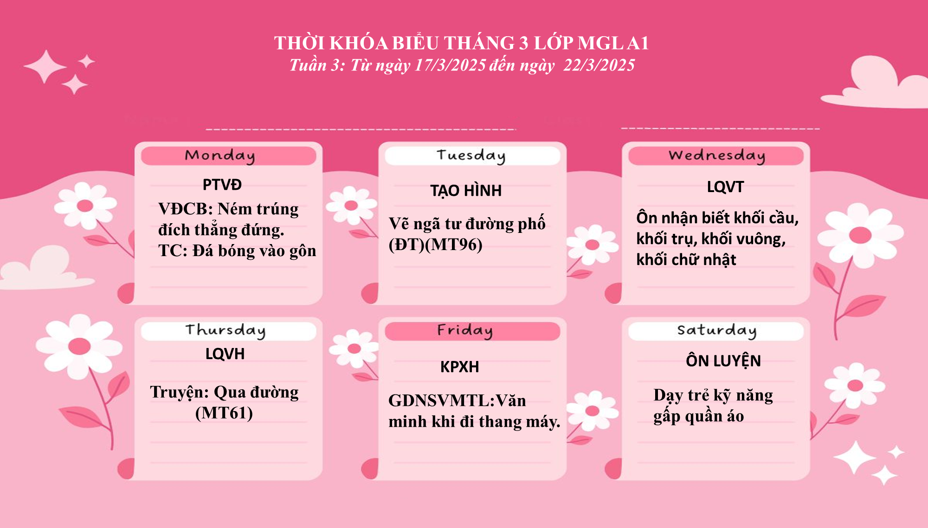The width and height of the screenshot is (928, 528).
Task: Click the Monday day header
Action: tap(220, 156)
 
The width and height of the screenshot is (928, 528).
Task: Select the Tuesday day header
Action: tap(471, 156)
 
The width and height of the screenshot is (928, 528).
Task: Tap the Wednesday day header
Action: tap(717, 156)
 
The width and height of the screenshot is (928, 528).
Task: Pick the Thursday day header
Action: tap(226, 331)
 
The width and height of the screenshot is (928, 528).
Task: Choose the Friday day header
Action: tap(465, 331)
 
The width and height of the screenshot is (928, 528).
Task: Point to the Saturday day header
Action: tap(717, 331)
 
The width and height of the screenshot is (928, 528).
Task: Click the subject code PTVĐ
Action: tap(222, 185)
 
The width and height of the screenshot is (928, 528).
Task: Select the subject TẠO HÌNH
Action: tap(466, 191)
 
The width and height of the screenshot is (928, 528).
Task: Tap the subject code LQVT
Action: tap(725, 187)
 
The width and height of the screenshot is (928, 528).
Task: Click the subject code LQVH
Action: tap(225, 354)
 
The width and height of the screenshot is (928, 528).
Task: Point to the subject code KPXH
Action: tap(459, 367)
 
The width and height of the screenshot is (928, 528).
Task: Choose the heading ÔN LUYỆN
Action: tap(723, 361)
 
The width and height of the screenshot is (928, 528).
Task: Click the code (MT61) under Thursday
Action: tap(224, 413)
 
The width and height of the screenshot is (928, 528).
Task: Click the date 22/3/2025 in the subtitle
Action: tap(599, 65)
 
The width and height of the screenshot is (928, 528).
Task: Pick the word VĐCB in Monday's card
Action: tap(185, 209)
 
